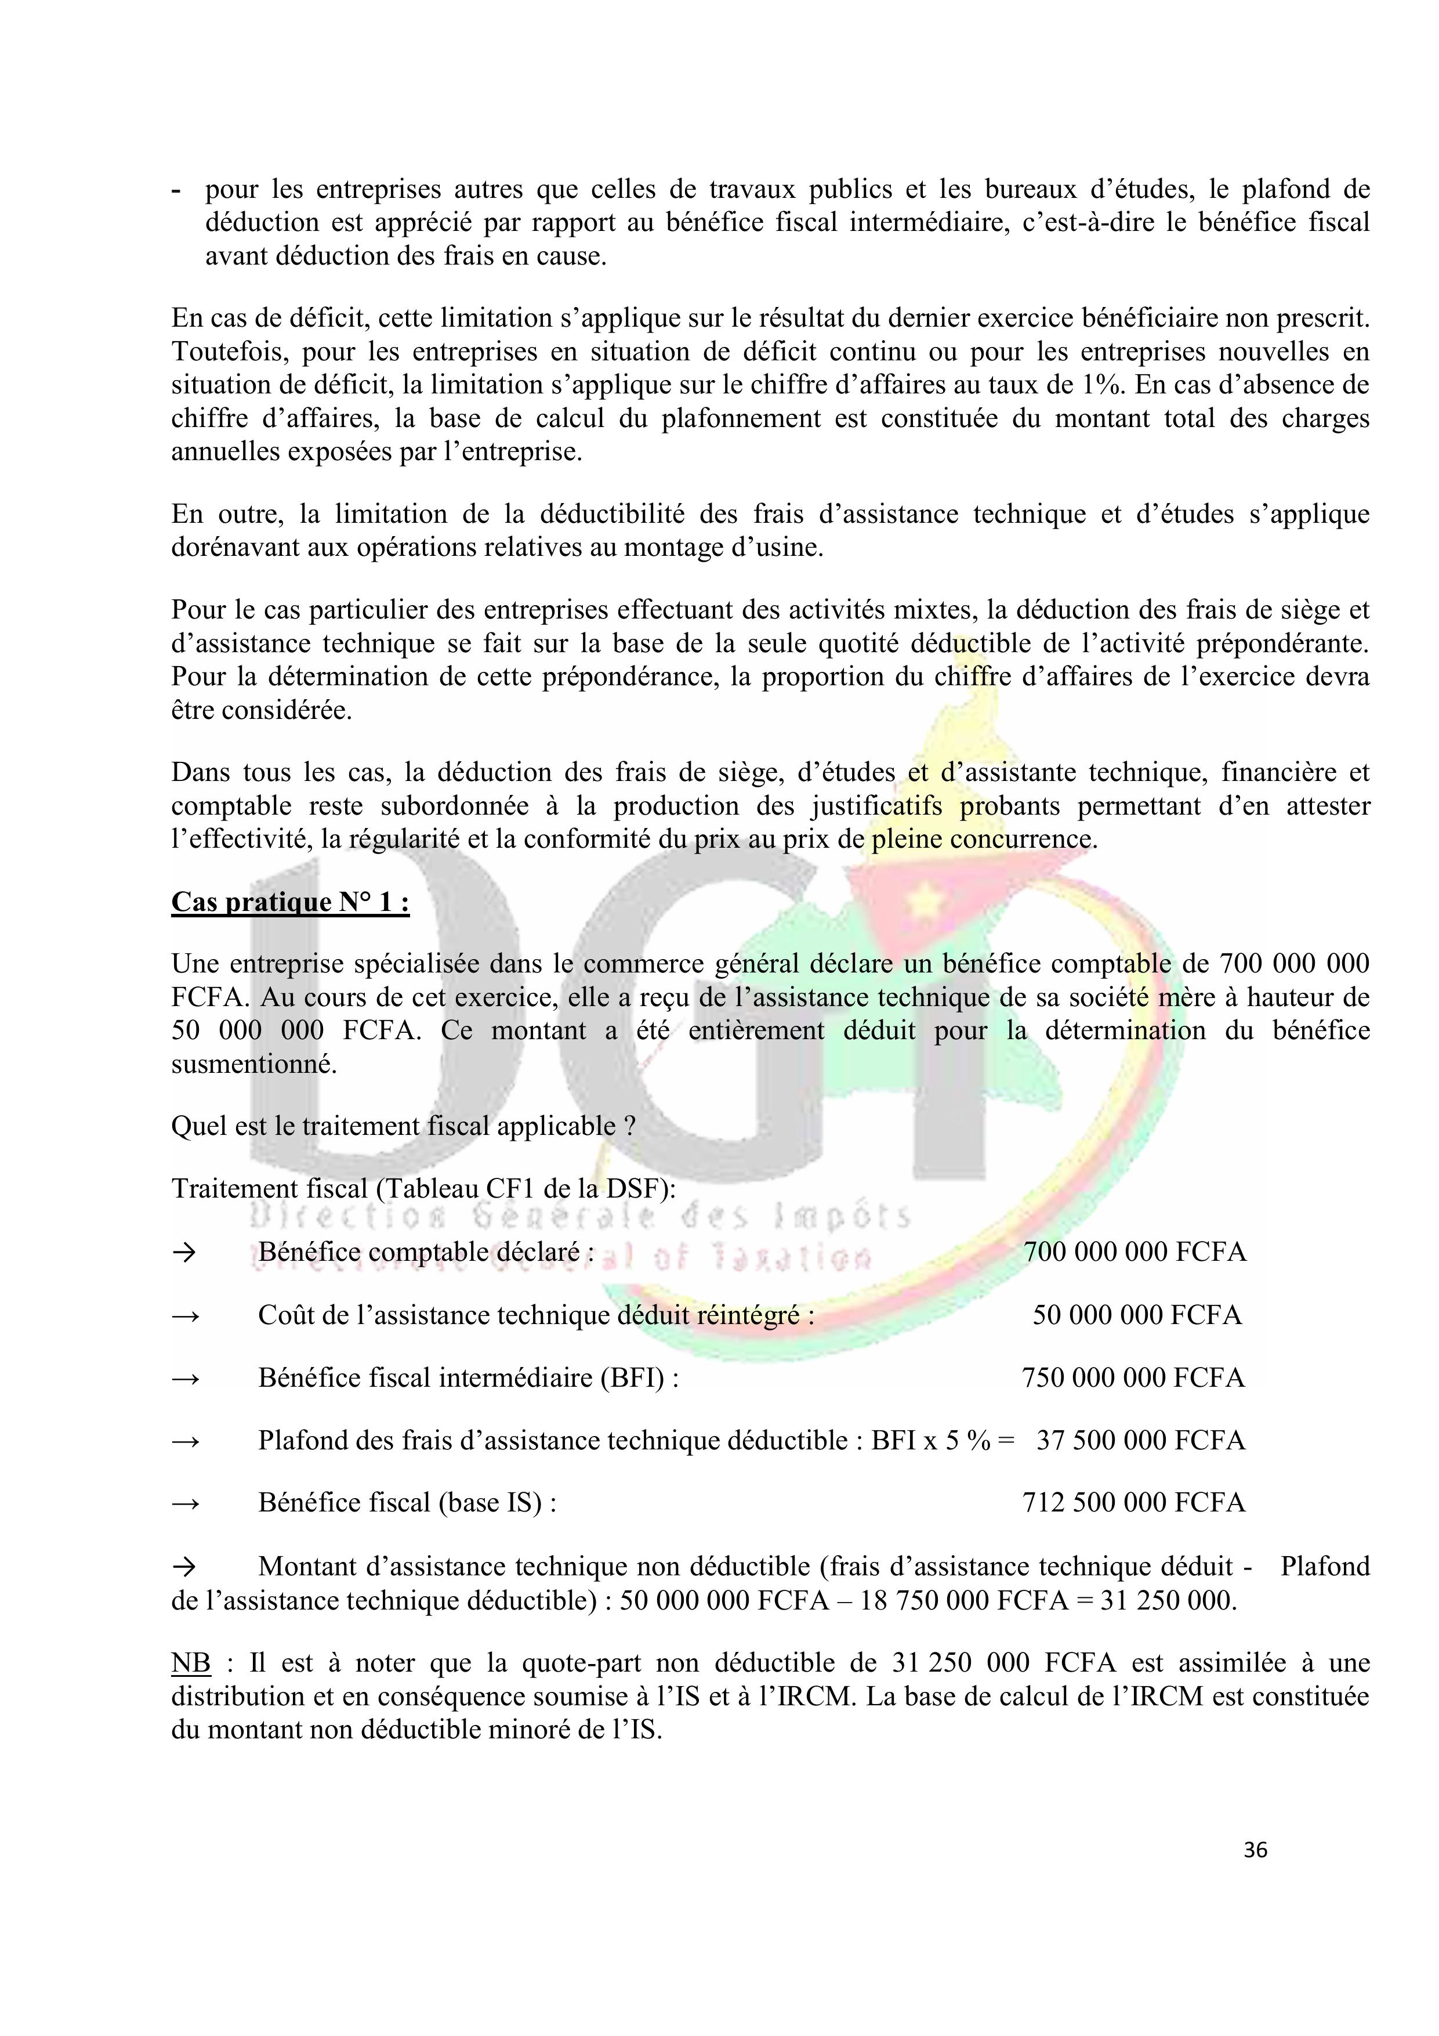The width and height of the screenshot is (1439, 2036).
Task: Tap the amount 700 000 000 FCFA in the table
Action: pyautogui.click(x=1134, y=1252)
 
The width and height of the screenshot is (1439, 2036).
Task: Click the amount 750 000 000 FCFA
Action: pyautogui.click(x=1132, y=1378)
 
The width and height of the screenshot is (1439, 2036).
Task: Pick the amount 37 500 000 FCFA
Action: pyautogui.click(x=1140, y=1440)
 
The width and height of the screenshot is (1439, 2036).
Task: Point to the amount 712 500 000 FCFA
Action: pyautogui.click(x=1133, y=1502)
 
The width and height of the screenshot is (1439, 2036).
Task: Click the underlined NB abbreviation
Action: pyautogui.click(x=191, y=1663)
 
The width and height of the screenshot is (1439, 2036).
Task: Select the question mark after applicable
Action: pyautogui.click(x=629, y=1126)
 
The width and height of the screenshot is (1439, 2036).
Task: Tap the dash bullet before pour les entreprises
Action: pyautogui.click(x=176, y=190)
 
